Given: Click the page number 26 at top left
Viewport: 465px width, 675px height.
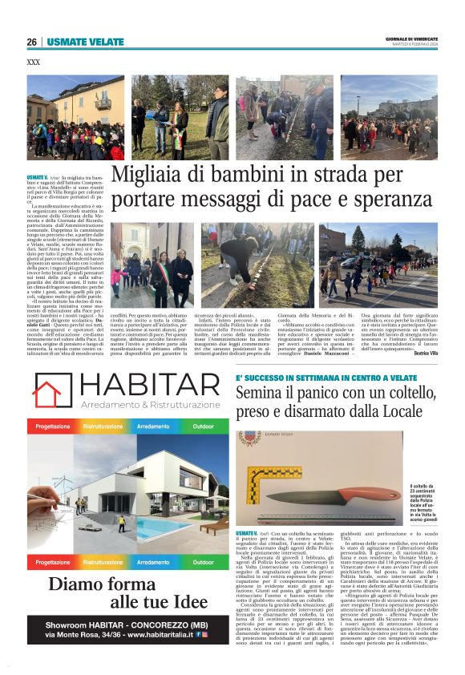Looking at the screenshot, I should point(31,42).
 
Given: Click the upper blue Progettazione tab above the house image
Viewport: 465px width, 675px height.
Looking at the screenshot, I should point(51,426).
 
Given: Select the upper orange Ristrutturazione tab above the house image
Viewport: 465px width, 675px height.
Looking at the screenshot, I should point(103,426).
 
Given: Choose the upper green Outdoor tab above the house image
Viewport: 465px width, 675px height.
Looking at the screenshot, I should point(204,426).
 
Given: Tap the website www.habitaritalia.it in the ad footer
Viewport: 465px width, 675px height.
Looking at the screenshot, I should point(151,657).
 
